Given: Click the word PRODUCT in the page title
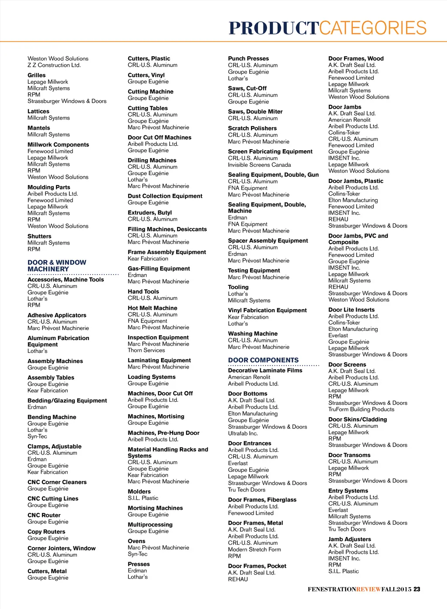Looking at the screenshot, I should click(274, 28).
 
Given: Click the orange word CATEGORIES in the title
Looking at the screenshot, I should click(373, 28).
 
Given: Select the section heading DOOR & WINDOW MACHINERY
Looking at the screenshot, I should click(57, 265).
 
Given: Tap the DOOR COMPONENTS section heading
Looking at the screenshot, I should click(263, 360).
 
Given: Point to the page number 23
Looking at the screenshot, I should click(417, 589).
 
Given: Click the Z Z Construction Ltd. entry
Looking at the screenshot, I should click(54, 65).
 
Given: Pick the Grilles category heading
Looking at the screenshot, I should click(37, 75).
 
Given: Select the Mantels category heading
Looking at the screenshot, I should click(39, 128).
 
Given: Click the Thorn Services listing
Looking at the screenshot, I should click(146, 350).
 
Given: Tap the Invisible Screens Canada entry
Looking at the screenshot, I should click(259, 165).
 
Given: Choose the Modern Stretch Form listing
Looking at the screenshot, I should click(254, 549).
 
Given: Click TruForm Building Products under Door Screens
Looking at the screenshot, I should click(361, 409).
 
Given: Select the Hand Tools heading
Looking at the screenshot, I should click(143, 292).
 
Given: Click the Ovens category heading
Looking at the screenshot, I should click(137, 541).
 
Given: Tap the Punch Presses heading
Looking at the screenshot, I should click(248, 58).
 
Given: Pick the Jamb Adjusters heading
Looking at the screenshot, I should click(350, 539).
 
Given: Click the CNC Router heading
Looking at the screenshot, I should click(44, 515).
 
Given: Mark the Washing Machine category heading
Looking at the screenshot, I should click(253, 334).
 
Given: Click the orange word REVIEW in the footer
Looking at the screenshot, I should click(368, 589).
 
